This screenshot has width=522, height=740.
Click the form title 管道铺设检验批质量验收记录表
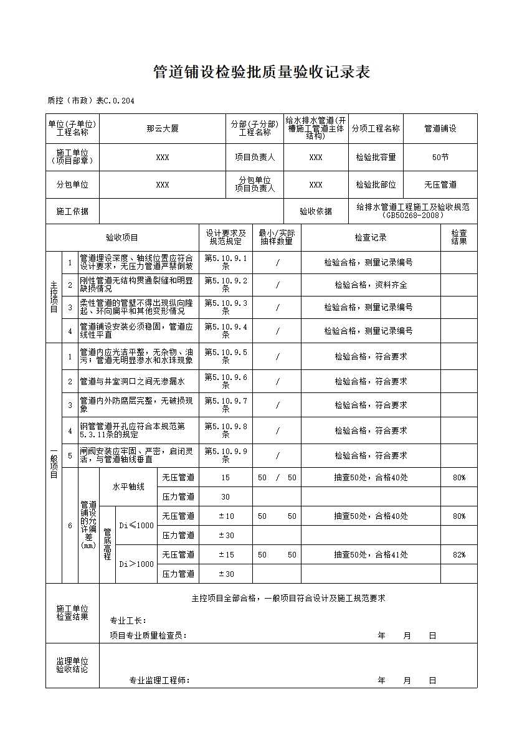262,73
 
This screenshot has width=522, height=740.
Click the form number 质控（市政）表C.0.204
90,101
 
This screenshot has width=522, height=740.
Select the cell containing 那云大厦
163,129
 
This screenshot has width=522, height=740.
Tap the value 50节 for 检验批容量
440,158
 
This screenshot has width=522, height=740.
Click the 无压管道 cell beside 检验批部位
440,185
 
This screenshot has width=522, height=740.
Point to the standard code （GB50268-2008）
413,216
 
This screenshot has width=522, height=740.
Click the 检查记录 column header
371,237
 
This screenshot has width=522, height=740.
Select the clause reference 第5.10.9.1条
225,262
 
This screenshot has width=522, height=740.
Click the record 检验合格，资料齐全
371,285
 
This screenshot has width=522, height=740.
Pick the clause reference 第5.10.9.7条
225,405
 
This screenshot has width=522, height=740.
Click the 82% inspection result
459,554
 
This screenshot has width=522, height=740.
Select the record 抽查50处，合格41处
371,554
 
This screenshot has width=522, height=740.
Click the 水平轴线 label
128,487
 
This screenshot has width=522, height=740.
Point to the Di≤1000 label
136,525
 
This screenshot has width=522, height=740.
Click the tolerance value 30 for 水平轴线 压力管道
225,497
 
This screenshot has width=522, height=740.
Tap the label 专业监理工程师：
159,680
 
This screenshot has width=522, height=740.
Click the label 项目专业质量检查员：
148,636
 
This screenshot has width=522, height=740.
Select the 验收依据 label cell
316,212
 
